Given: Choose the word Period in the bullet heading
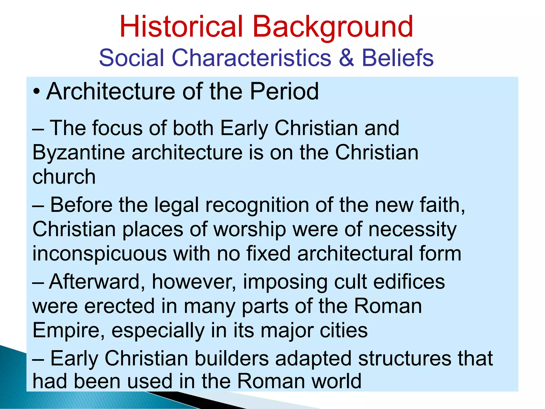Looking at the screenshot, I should (284, 91).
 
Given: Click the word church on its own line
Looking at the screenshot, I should (64, 177).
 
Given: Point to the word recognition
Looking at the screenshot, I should (257, 205).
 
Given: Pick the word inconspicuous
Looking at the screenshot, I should (100, 254).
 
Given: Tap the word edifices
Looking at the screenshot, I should (409, 282).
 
